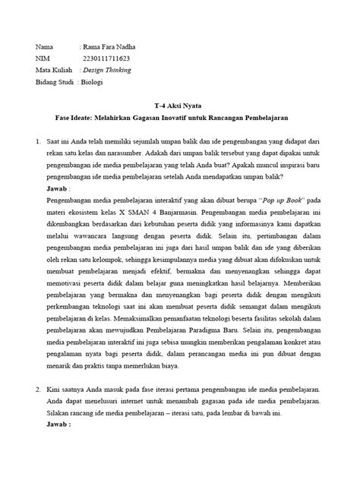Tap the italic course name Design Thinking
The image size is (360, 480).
point(106,70)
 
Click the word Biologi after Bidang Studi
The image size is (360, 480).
point(95,82)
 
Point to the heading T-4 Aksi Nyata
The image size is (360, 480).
point(179,109)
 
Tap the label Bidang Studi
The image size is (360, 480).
point(55,82)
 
